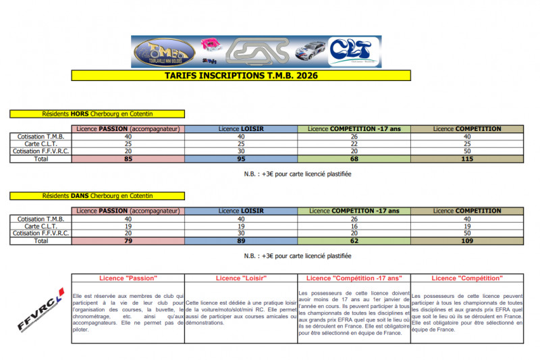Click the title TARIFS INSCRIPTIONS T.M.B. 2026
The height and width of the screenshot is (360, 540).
241,76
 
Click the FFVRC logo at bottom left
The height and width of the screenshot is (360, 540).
38,310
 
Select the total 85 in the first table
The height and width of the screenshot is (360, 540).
128,159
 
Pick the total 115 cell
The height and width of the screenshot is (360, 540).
467,159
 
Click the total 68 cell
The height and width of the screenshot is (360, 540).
354,159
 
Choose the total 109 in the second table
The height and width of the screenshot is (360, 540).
467,240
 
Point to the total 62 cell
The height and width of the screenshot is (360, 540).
354,240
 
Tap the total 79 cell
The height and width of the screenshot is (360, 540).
128,240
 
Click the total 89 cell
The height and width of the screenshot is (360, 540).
241,240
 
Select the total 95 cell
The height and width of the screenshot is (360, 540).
241,159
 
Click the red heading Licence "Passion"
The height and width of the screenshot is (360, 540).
128,278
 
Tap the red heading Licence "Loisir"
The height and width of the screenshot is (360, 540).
241,278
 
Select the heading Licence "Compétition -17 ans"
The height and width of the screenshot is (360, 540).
354,278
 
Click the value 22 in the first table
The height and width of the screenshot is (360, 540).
354,144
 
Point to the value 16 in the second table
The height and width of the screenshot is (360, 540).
354,226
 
